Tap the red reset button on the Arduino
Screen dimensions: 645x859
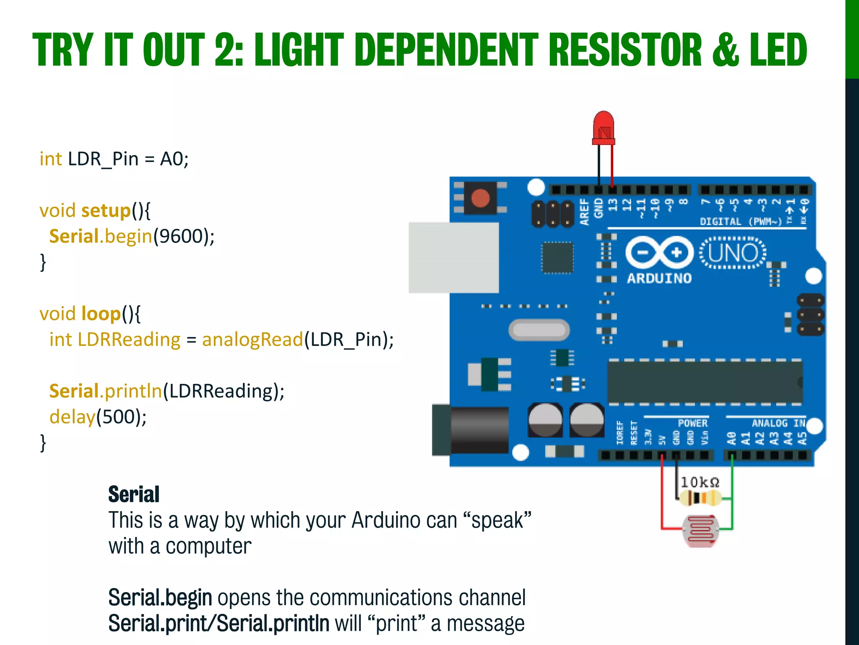pyautogui.click(x=480, y=198)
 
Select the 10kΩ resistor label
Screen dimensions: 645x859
pyautogui.click(x=700, y=482)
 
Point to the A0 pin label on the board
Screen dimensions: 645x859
pyautogui.click(x=731, y=438)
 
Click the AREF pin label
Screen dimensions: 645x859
pyautogui.click(x=585, y=212)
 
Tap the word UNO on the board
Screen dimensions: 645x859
pyautogui.click(x=733, y=253)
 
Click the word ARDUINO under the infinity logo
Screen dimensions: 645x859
pyautogui.click(x=659, y=278)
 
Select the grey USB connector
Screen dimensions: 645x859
pyautogui.click(x=453, y=257)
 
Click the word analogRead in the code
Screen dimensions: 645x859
pyautogui.click(x=252, y=339)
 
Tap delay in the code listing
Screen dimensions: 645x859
pyautogui.click(x=72, y=417)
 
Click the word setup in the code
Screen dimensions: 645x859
pyautogui.click(x=106, y=210)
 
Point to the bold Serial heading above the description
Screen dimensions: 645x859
pyautogui.click(x=134, y=494)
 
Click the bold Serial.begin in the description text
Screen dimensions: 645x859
pyautogui.click(x=160, y=598)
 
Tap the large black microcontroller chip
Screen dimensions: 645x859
pyautogui.click(x=705, y=382)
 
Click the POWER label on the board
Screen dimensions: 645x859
pyautogui.click(x=692, y=423)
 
